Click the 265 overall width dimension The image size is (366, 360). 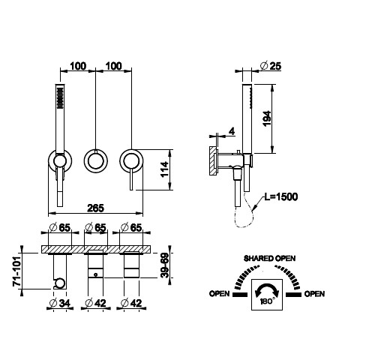pyautogui.click(x=95, y=208)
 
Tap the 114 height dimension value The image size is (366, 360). pyautogui.click(x=164, y=169)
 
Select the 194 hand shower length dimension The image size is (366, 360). pyautogui.click(x=267, y=118)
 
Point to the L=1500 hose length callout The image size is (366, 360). pyautogui.click(x=281, y=196)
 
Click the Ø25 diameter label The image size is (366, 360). pyautogui.click(x=271, y=66)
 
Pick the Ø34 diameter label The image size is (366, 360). pyautogui.click(x=60, y=303)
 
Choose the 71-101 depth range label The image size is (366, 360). pyautogui.click(x=16, y=271)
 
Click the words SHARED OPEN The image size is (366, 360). pyautogui.click(x=269, y=258)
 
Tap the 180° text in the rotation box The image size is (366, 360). pyautogui.click(x=266, y=301)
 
